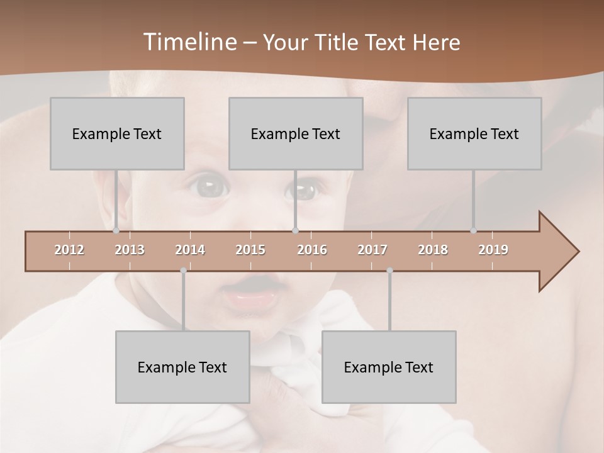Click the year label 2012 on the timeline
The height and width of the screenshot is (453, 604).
69,250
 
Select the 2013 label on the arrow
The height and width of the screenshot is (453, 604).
130,250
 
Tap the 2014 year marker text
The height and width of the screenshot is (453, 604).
190,250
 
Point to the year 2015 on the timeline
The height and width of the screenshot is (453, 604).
250,250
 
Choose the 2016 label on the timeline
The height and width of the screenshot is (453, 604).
312,250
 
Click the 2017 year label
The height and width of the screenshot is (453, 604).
372,250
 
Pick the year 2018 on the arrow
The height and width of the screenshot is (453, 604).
433,250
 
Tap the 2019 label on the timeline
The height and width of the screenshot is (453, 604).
493,250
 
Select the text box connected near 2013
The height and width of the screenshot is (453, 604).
117,133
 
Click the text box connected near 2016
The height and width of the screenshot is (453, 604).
296,133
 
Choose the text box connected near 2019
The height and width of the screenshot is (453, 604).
474,133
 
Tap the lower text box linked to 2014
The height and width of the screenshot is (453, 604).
182,367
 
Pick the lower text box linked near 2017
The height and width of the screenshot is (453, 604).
389,367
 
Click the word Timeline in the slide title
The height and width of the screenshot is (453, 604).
189,42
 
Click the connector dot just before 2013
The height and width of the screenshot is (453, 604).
116,230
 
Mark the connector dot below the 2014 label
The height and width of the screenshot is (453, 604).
183,271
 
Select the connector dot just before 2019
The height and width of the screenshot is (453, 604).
473,230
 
